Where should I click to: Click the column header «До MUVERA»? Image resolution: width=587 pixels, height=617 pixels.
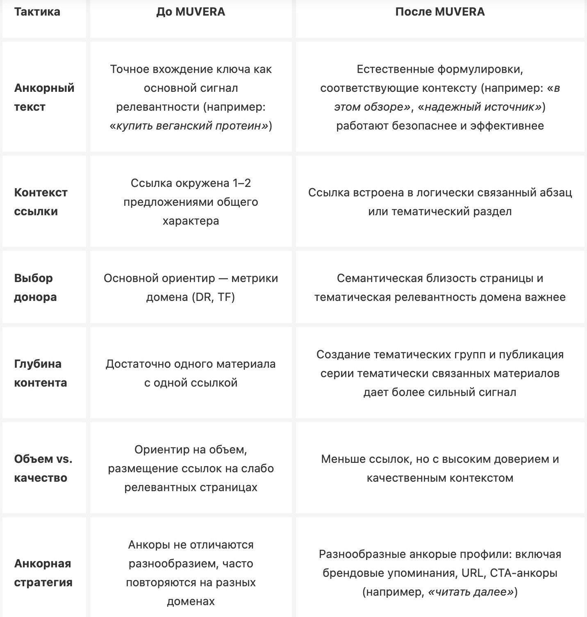[191, 11]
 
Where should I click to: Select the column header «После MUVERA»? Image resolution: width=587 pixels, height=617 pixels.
[440, 11]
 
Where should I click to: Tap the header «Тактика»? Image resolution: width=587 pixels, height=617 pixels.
[37, 11]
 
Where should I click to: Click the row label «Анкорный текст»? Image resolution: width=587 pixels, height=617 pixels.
[44, 97]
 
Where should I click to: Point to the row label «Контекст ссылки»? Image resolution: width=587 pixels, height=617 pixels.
[41, 202]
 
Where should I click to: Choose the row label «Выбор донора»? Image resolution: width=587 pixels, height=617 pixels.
[35, 287]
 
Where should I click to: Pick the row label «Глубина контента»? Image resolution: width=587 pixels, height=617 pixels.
[40, 373]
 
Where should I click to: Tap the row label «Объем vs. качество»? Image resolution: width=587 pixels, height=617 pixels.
[43, 468]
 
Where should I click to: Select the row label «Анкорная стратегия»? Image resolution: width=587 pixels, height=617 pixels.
[43, 573]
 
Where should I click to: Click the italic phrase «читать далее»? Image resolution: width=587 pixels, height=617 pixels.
[471, 592]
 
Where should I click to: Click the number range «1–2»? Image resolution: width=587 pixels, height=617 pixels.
[241, 183]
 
